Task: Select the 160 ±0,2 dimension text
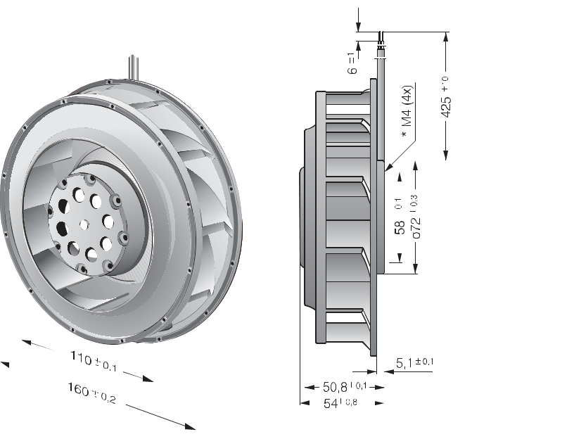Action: [91, 393]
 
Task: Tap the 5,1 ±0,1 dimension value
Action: [414, 363]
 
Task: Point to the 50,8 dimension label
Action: [345, 387]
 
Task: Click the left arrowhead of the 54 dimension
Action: [304, 402]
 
